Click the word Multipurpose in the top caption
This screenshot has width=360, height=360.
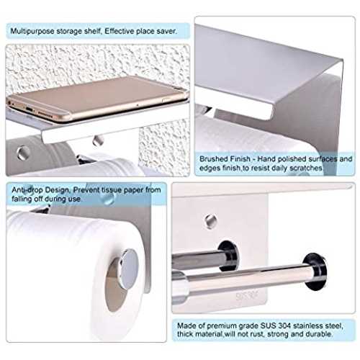coord(32,31)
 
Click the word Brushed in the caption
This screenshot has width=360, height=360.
coord(212,159)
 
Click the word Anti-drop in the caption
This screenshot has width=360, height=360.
coord(28,190)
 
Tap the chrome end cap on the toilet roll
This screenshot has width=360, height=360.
coord(129,269)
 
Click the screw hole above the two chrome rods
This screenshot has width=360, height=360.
coord(211,221)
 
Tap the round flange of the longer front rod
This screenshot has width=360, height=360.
coord(315,271)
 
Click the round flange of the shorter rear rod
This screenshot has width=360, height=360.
coord(228,256)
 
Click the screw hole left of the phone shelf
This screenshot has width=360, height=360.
coord(23,153)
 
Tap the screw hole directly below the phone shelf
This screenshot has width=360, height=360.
coord(98,140)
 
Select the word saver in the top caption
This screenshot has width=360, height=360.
coord(166,31)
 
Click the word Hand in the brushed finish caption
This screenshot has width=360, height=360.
coord(266,159)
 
